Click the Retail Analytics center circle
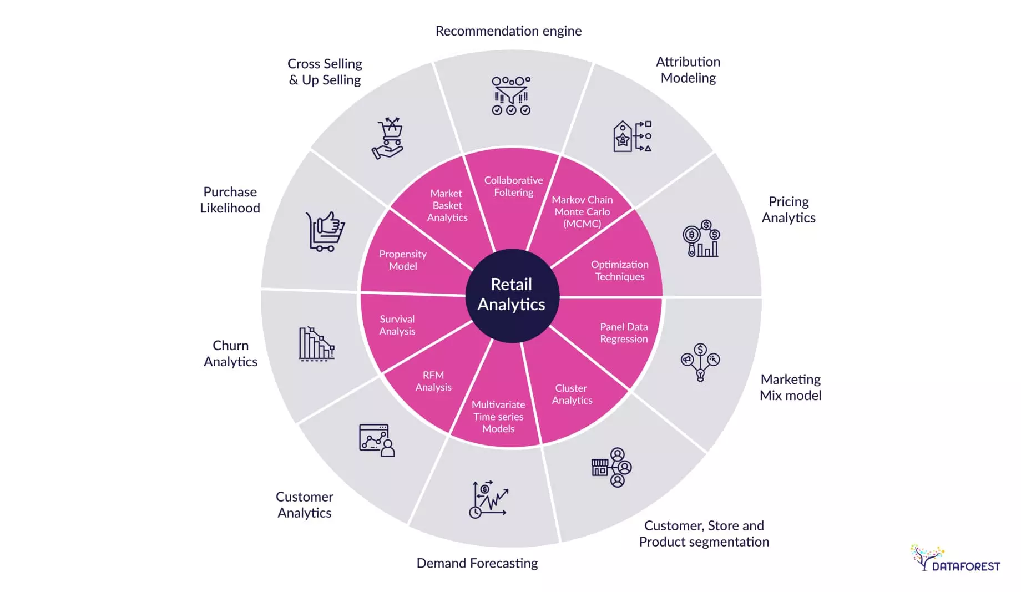click(x=511, y=295)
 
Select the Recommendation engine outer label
click(x=508, y=31)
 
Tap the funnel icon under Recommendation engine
click(x=511, y=96)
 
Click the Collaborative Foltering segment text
click(x=513, y=186)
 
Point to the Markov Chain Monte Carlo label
click(x=582, y=211)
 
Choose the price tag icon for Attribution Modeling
click(x=623, y=136)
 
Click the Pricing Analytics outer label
click(x=788, y=210)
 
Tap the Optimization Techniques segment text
click(x=619, y=270)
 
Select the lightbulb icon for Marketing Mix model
click(x=700, y=362)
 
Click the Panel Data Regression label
click(x=623, y=333)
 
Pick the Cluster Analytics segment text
click(x=572, y=394)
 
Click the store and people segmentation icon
click(x=611, y=467)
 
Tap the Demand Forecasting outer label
click(x=477, y=563)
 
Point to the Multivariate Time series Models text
click(x=498, y=417)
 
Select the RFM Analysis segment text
click(x=433, y=381)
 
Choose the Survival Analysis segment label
click(x=397, y=325)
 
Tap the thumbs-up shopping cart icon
click(x=325, y=231)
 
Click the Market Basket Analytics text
click(x=447, y=205)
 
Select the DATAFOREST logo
click(x=955, y=559)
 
